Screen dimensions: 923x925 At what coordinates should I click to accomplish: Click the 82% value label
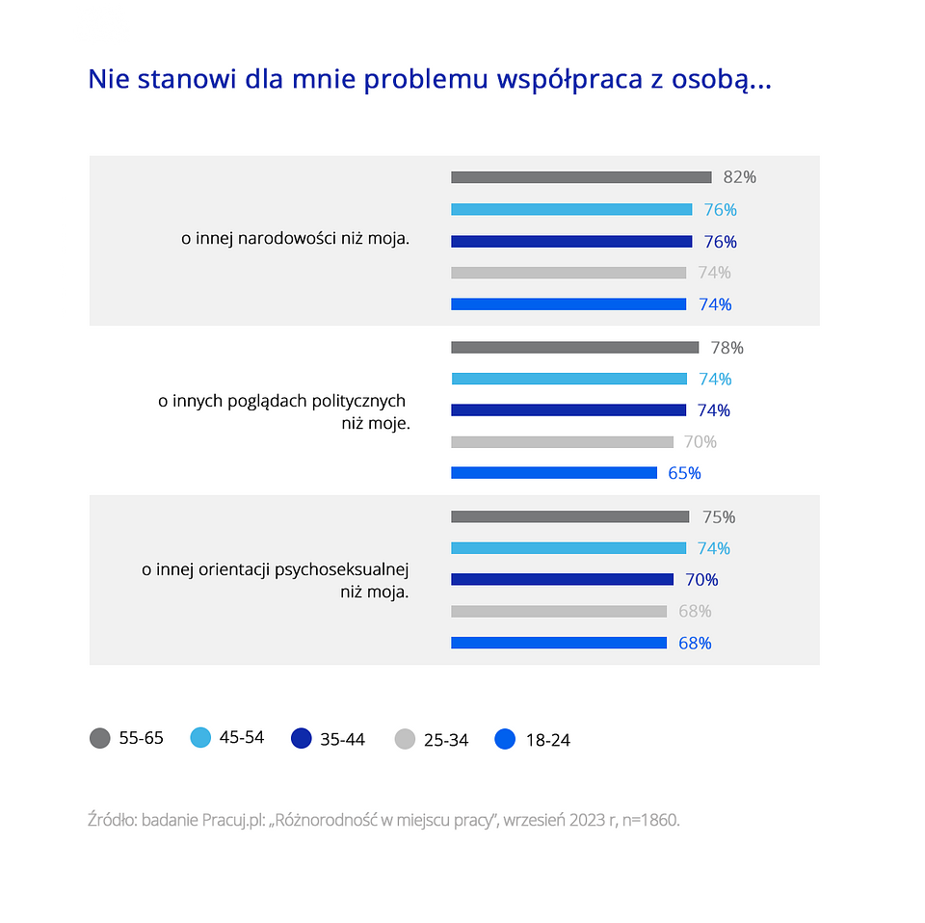click(x=740, y=177)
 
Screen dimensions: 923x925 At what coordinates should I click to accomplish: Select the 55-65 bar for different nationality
click(x=581, y=177)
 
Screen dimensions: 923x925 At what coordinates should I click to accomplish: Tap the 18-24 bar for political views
click(x=554, y=473)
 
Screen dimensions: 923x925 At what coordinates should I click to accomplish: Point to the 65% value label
click(x=684, y=473)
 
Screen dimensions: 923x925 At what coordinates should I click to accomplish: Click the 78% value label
click(x=727, y=348)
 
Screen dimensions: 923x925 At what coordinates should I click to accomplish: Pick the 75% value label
click(x=719, y=517)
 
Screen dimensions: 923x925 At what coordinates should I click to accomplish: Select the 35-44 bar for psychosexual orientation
click(x=562, y=580)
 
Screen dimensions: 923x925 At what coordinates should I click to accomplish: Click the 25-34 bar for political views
click(x=562, y=442)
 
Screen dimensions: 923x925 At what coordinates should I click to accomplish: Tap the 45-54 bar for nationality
click(x=571, y=209)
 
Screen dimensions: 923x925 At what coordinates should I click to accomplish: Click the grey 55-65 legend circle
click(x=99, y=739)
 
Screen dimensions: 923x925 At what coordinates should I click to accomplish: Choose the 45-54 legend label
click(x=242, y=738)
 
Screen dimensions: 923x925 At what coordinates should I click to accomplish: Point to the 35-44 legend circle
click(x=301, y=739)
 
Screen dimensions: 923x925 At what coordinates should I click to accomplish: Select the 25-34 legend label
click(x=446, y=740)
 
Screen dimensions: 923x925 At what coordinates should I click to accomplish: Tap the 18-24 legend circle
click(x=505, y=739)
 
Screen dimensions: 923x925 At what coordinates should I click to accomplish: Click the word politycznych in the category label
click(x=358, y=401)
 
